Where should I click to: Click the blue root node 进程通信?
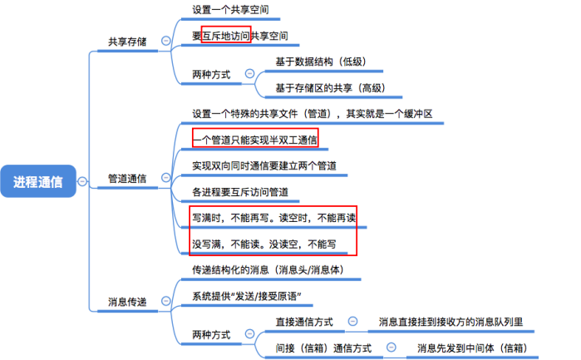37,181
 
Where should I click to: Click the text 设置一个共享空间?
230,11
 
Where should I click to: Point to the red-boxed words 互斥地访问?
225,37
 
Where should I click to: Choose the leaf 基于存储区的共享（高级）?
331,88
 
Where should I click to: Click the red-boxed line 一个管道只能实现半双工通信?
254,139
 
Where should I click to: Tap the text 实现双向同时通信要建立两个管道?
264,165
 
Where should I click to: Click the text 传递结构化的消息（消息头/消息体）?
263,271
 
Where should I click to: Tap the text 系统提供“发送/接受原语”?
246,297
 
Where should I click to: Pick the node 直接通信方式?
304,322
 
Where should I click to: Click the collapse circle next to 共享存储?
165,41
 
